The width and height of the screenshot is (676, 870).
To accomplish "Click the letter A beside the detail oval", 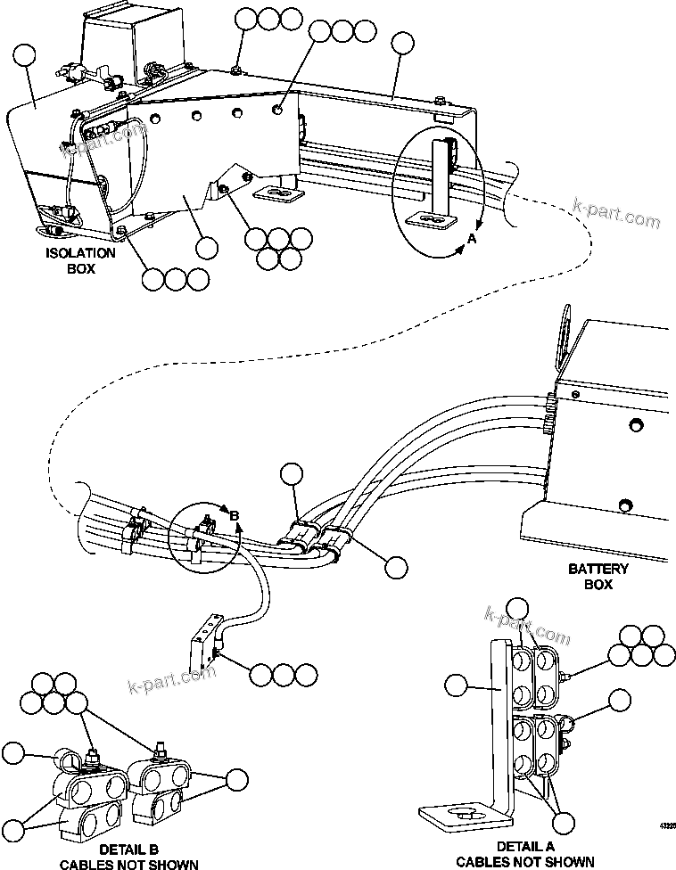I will point(472,238).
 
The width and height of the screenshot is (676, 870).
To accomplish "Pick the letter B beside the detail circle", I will point(235,516).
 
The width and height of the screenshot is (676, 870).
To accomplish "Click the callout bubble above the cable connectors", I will point(292,474).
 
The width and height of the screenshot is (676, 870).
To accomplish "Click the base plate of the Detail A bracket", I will point(463,816).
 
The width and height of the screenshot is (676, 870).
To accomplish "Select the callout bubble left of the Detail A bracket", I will point(456,685).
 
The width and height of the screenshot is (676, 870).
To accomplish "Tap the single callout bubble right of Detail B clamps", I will point(236,779).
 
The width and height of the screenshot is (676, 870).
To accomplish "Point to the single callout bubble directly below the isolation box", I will point(206,247).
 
